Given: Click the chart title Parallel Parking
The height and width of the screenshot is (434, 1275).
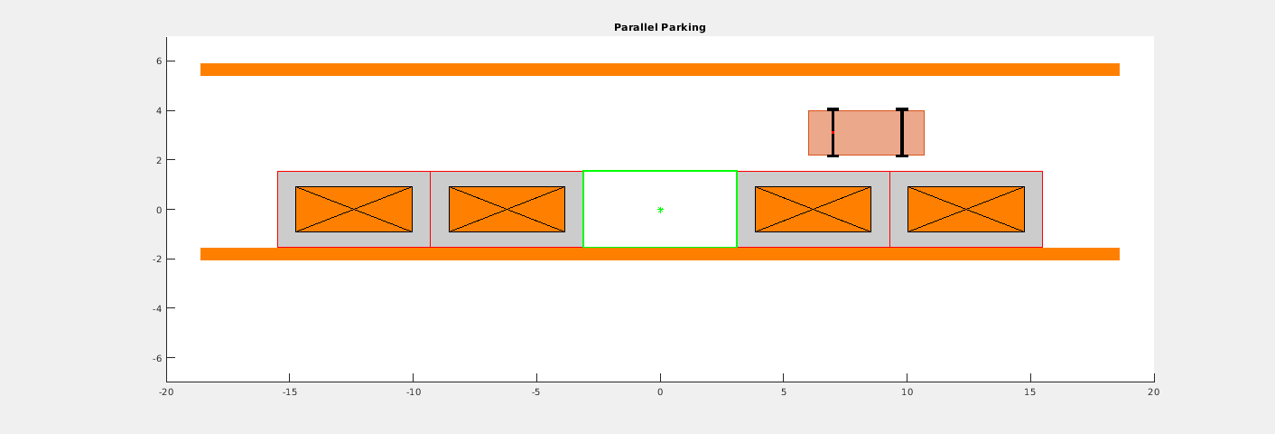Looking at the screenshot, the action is coord(660,27).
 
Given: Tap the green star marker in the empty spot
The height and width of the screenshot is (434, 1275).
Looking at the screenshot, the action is coord(660,211).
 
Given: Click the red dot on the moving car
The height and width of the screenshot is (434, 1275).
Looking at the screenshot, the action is coord(833,132).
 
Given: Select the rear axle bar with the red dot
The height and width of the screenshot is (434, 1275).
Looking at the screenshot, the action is coord(833,132).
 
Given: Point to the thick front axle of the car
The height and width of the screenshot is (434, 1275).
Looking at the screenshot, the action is coord(901,132).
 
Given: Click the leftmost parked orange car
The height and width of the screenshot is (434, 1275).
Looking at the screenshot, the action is coord(353,209).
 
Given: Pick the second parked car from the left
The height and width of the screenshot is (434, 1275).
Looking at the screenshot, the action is coord(507,209).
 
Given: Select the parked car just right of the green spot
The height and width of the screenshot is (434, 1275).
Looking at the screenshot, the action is coord(813,209).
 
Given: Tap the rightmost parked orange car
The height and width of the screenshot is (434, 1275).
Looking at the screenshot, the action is coord(966,209).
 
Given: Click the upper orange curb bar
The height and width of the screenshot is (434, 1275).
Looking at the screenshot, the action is coord(660,70).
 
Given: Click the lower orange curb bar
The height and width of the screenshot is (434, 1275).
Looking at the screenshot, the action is coord(660,254).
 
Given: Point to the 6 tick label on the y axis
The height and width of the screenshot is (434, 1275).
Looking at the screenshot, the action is coord(159,61).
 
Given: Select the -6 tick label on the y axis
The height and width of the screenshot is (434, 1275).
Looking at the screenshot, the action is coord(157,358).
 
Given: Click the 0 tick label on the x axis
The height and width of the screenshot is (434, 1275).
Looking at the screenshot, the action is coord(660,392).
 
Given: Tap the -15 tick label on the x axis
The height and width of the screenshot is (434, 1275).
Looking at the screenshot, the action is coord(289,392).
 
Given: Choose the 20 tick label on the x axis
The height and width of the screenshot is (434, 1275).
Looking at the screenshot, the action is coord(1154,392).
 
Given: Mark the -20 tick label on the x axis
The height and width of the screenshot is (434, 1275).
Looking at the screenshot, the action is coord(166,392).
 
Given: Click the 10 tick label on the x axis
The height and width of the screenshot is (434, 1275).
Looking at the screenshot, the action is coord(907,392).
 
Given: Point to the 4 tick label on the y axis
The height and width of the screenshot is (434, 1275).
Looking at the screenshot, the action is coord(159,110).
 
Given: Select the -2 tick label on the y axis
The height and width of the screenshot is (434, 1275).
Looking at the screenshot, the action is coord(157,259).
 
